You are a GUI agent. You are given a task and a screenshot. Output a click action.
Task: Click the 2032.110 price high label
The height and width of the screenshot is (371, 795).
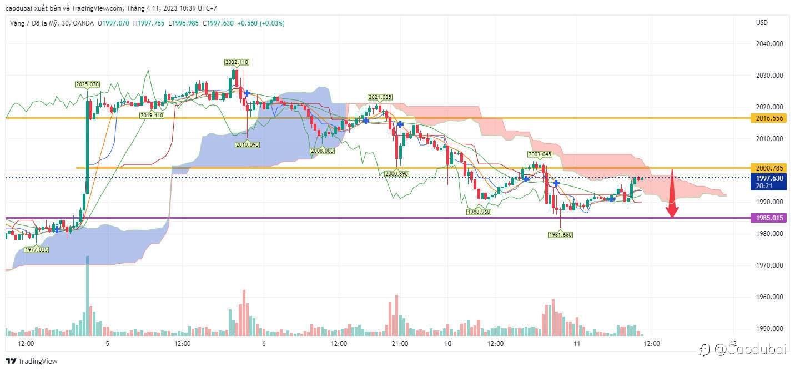coord(237,62)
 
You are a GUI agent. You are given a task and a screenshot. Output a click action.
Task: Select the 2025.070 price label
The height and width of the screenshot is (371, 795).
coord(87,84)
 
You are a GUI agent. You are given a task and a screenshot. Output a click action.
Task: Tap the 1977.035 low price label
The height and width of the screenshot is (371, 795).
coord(36,250)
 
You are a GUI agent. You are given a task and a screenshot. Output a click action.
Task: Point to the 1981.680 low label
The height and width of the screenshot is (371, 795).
coord(560,235)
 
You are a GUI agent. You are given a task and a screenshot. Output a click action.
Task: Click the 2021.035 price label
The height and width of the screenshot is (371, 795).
coord(380,97)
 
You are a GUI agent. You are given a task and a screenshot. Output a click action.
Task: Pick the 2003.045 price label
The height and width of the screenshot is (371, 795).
coord(539,154)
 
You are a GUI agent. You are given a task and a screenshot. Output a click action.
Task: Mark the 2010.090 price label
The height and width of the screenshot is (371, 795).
coord(246,144)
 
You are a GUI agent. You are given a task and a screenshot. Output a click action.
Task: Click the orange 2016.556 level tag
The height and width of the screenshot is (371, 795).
coord(769,118)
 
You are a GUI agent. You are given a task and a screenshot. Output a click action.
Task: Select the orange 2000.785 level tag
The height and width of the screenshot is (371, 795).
coord(769,168)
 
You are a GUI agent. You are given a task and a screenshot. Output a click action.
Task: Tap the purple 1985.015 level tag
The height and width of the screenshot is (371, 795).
coord(769,218)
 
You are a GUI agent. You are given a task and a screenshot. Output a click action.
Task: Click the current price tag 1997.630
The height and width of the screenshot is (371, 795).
coord(769,178)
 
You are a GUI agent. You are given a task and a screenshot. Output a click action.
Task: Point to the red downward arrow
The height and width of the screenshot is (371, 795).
coord(672,194)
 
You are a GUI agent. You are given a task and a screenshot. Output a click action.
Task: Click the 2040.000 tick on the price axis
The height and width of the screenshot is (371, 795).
coord(769,43)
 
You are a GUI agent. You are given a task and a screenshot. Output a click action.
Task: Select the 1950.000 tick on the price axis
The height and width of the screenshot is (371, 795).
coord(769,329)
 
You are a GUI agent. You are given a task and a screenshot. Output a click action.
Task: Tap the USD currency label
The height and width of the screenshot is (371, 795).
coord(762,23)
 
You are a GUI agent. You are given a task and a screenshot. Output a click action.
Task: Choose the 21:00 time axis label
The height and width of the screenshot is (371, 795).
coord(399,344)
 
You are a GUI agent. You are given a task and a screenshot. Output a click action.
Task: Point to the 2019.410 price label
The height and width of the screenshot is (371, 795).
coord(152,116)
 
